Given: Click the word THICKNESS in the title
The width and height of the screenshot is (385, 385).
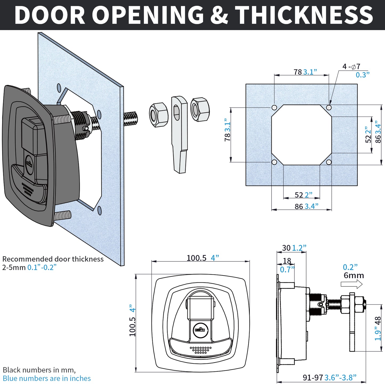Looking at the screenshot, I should point(304,15).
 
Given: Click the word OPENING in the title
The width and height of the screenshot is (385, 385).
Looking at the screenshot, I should point(149,15).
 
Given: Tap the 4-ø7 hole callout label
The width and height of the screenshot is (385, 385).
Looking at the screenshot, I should point(351,66).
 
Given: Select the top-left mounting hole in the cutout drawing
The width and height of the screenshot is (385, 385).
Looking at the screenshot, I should point(274,108).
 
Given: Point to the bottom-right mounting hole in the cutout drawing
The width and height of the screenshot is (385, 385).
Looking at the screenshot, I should point(329,162).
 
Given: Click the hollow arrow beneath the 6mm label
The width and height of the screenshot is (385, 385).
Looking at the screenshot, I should point(351,285).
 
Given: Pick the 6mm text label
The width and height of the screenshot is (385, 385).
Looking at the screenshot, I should point(354,275).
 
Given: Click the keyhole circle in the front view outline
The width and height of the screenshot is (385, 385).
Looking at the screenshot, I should point(200,330).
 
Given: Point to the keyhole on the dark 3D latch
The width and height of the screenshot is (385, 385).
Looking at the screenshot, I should point(29,163).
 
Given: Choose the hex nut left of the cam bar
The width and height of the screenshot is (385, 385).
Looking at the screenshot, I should point(159,115).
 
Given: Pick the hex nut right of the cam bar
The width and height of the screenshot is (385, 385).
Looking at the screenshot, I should point(200,109).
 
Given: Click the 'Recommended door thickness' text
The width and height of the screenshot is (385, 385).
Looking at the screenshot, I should point(53,259).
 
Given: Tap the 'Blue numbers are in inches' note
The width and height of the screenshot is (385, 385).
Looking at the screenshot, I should point(47,378).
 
